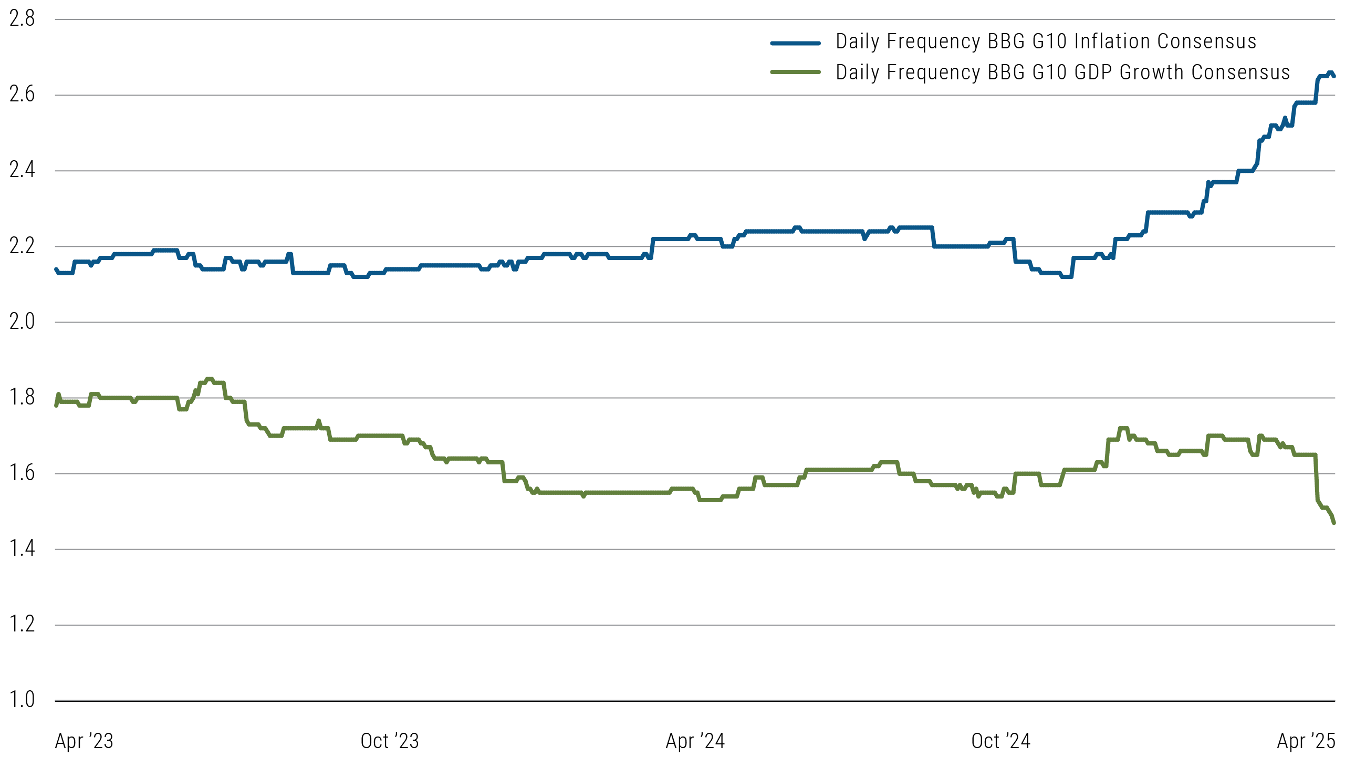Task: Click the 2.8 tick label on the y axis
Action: click(22, 19)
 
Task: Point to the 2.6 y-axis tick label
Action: click(22, 95)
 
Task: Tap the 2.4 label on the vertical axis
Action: click(22, 170)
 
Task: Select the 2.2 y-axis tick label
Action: click(22, 246)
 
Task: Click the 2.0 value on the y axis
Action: click(22, 322)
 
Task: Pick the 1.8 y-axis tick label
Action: click(22, 397)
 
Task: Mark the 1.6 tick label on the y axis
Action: click(22, 473)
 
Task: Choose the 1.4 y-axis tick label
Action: click(22, 548)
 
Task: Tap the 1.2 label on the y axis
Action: click(22, 624)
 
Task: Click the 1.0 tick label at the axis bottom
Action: click(22, 700)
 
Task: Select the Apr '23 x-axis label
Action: click(84, 741)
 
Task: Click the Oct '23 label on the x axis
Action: click(390, 741)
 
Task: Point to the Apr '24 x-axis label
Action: click(695, 741)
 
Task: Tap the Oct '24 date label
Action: click(1001, 741)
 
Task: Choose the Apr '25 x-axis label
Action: click(1306, 741)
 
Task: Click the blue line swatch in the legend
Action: click(795, 43)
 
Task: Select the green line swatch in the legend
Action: click(795, 72)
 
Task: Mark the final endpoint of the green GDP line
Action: click(1333, 523)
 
